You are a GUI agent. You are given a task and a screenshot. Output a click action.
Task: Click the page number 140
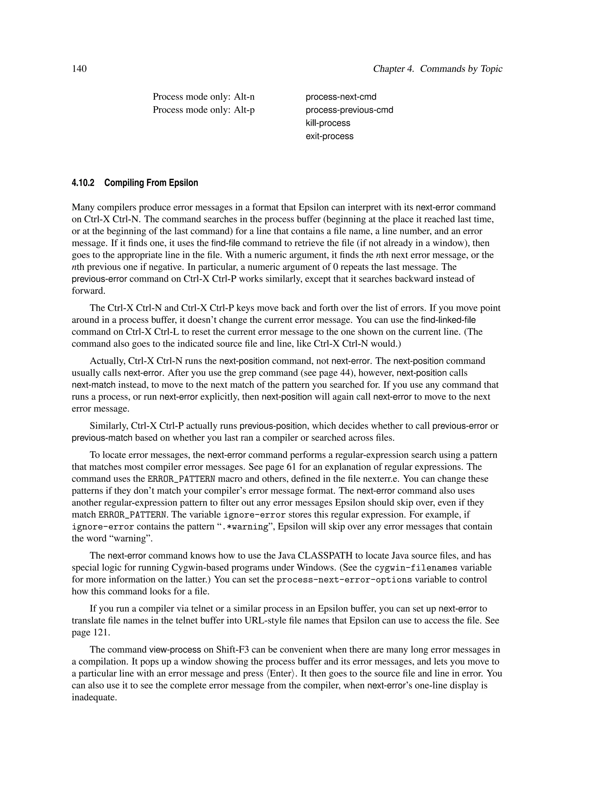[x=79, y=69]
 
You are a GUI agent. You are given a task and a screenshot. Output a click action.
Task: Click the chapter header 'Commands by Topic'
[x=461, y=69]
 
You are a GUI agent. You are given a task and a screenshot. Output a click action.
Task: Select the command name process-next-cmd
[x=341, y=97]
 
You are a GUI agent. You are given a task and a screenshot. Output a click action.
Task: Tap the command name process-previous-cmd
[x=349, y=110]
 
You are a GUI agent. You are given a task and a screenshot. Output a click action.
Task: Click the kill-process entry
[x=328, y=123]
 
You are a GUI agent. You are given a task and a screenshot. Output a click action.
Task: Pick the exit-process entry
[x=329, y=136]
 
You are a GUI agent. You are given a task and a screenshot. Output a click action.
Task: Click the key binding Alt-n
[x=244, y=97]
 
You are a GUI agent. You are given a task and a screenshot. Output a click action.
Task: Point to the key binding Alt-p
[x=244, y=110]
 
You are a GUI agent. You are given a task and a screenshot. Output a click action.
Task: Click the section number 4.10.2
[x=83, y=183]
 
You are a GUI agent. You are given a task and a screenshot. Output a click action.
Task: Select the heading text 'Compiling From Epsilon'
[x=151, y=183]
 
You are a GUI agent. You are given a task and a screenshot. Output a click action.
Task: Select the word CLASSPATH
[x=325, y=556]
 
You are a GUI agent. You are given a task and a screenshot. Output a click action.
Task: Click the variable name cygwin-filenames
[x=416, y=568]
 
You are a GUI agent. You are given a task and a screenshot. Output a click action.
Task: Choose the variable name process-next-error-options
[x=344, y=580]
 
